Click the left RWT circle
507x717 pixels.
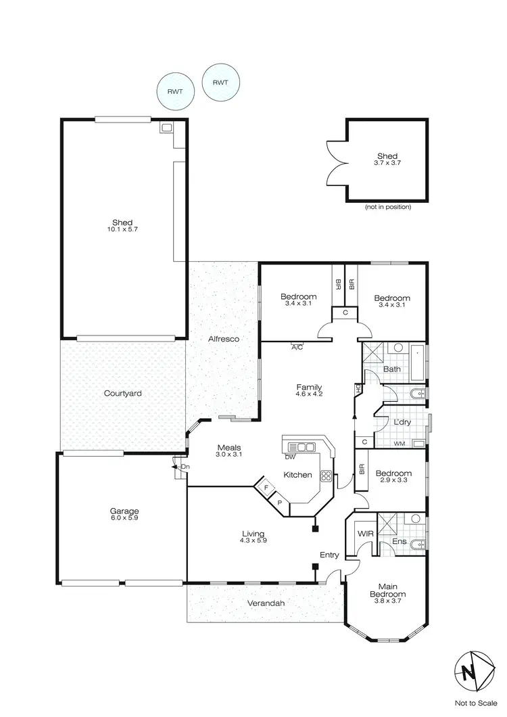pos(174,91)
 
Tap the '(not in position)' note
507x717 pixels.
pos(387,207)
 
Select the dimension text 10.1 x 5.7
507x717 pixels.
pos(123,230)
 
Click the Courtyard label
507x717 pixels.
pos(122,393)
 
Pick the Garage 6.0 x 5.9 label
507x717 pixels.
pos(124,514)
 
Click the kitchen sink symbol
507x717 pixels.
pos(301,446)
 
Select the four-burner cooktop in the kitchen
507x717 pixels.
pos(325,476)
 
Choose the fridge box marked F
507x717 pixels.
pos(266,487)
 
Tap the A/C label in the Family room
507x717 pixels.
pos(297,347)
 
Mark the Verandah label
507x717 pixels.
pos(265,603)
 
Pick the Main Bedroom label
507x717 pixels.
pos(387,590)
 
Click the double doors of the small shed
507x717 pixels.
pos(336,161)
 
